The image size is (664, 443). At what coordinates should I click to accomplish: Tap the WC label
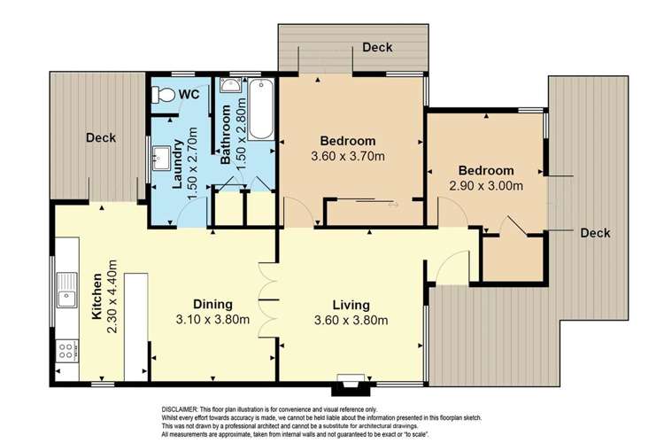(x=189, y=94)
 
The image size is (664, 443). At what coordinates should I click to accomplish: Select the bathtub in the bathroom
(x=260, y=110)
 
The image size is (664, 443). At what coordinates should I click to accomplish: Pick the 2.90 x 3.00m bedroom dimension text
(x=486, y=186)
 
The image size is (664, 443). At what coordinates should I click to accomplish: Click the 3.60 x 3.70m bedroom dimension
(x=348, y=157)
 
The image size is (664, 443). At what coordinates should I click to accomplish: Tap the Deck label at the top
(x=377, y=47)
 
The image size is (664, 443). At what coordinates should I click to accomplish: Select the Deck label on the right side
(x=595, y=233)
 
